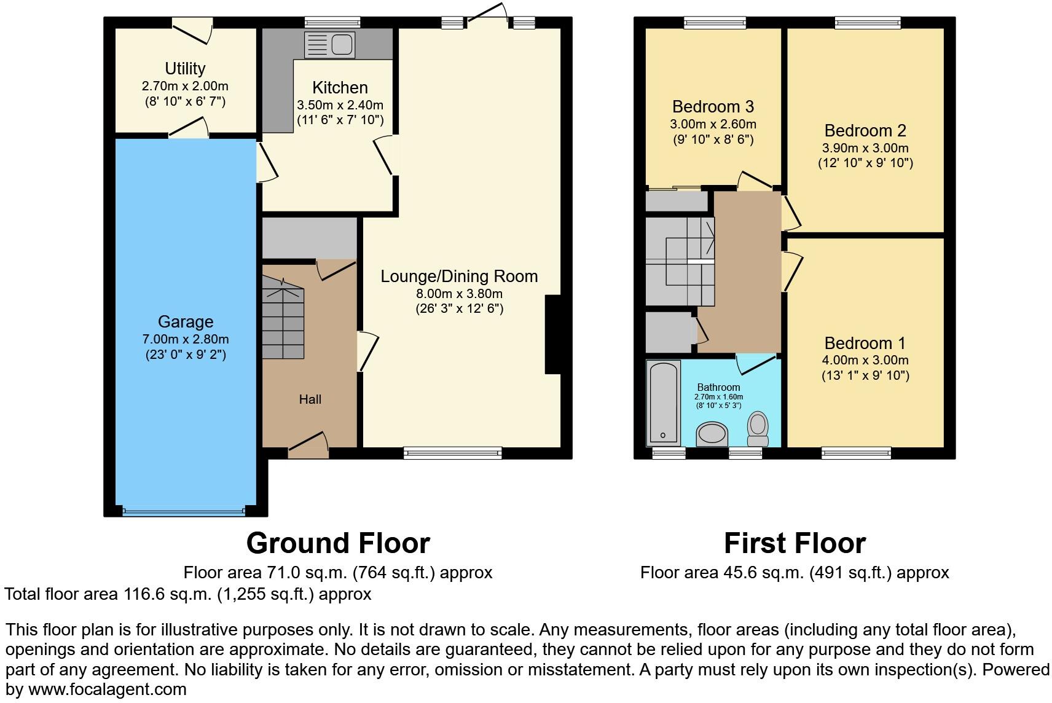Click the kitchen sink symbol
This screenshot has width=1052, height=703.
330,45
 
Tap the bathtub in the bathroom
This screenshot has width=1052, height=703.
663,403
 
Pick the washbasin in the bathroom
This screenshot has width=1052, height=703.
712,434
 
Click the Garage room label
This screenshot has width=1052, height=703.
186,322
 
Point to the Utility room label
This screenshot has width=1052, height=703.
185,69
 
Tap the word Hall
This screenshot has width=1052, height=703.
310,399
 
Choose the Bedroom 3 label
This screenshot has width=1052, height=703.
713,107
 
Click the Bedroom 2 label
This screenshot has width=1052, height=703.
865,131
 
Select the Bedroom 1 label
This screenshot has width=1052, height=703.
865,344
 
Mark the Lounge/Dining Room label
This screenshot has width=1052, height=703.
459,277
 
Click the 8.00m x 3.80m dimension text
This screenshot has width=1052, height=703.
459,294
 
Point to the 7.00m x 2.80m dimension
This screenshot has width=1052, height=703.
186,339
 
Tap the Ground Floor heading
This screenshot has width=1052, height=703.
338,543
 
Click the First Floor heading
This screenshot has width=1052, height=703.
795,543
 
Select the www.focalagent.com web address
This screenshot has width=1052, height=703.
107,689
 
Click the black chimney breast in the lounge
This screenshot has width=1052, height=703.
553,335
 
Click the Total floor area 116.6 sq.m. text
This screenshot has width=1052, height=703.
188,594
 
